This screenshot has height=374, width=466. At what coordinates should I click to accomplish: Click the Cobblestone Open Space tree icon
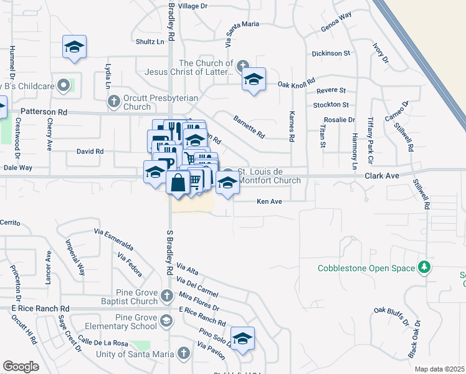click(x=424, y=267)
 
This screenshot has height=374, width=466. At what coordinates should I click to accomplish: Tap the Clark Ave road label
click(x=382, y=176)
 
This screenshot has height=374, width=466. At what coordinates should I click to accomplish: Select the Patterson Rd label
click(x=44, y=112)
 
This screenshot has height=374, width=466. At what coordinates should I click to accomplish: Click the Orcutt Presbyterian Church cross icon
click(x=113, y=100)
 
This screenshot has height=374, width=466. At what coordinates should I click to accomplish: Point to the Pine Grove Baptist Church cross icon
click(x=167, y=295)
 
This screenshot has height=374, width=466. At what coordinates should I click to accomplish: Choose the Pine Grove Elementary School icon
click(x=166, y=321)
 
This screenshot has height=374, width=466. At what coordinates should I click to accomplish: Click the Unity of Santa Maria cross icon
click(x=183, y=353)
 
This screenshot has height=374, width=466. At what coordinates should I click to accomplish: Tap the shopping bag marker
click(x=178, y=183)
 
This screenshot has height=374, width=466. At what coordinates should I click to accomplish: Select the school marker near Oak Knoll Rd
click(x=254, y=79)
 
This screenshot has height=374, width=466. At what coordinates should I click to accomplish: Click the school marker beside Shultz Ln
click(x=74, y=47)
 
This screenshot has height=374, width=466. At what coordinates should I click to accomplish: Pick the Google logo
click(x=21, y=367)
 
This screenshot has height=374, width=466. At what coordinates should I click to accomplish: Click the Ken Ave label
click(x=270, y=201)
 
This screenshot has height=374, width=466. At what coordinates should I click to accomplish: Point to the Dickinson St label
click(x=330, y=54)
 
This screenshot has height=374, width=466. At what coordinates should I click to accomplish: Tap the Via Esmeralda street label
click(x=113, y=236)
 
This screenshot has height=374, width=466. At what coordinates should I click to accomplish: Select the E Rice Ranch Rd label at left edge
click(x=39, y=309)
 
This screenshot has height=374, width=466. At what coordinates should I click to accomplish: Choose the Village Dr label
click(x=192, y=6)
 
